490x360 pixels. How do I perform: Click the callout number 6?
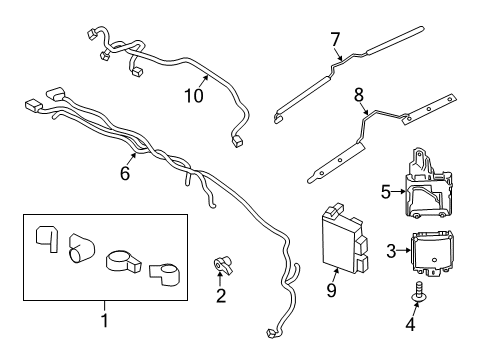tap(125, 173)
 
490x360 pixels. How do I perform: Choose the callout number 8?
tap(359, 96)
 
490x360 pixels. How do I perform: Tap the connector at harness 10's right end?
tap(236, 141)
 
